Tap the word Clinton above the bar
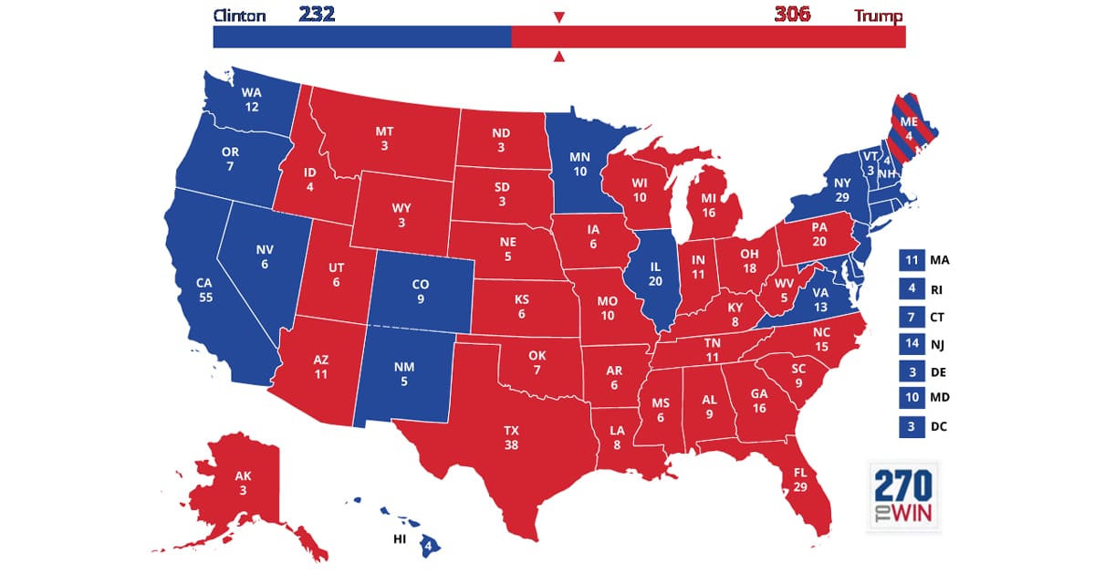(x=239, y=16)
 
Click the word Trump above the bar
(x=879, y=16)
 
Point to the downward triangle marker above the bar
(x=559, y=17)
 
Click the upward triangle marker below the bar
(x=559, y=57)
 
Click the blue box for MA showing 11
(x=911, y=260)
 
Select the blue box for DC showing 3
(x=911, y=425)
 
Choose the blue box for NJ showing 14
(x=911, y=343)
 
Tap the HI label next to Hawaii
(x=399, y=539)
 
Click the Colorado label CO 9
(x=422, y=290)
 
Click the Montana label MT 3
(x=384, y=139)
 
